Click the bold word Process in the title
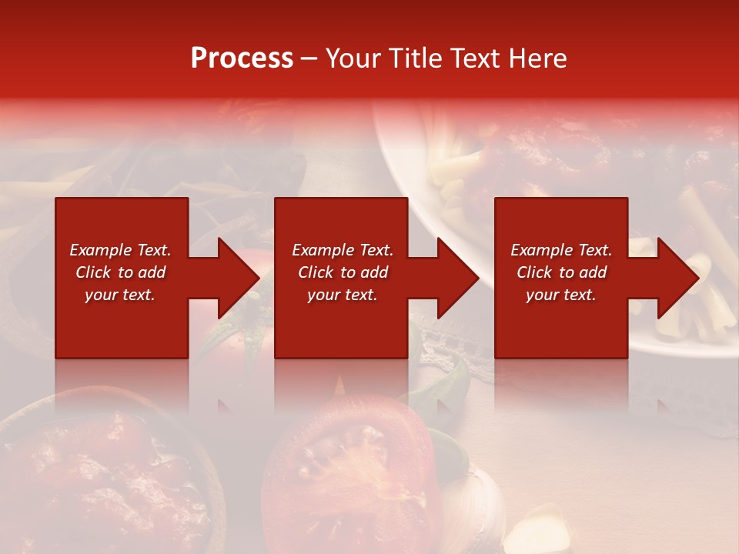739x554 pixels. [242, 58]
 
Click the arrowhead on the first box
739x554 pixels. [239, 278]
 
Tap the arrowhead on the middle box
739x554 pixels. [458, 278]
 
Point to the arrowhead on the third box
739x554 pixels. [678, 278]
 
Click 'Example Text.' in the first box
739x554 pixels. [120, 250]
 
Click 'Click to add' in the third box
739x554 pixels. [561, 272]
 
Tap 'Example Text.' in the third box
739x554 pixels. [561, 250]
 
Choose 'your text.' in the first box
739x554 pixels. [120, 295]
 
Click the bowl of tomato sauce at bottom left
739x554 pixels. [100, 477]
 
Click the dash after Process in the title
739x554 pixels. [309, 58]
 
